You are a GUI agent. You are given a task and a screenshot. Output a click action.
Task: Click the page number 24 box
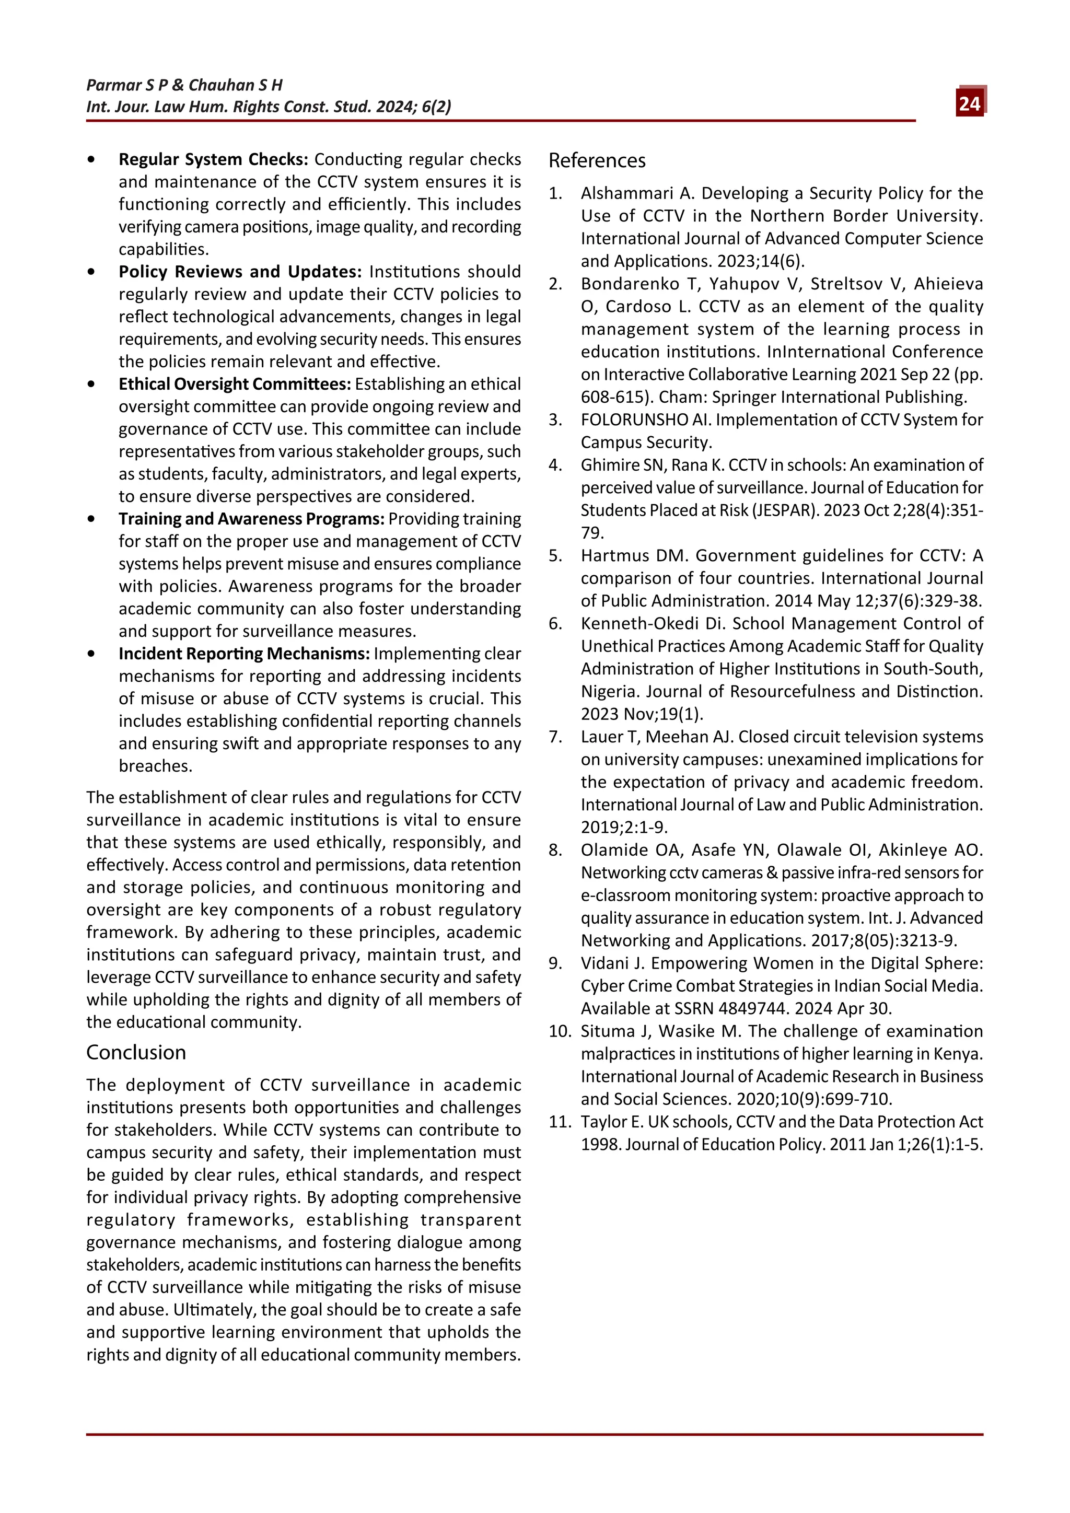click(969, 103)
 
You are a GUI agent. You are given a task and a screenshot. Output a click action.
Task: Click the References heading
click(597, 160)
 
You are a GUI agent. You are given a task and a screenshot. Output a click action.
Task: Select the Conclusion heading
click(136, 1052)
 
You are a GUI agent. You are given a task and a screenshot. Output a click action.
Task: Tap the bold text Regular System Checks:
click(213, 159)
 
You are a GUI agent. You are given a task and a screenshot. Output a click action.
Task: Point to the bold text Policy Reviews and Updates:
click(240, 272)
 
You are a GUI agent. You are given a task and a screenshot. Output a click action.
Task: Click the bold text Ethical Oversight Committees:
click(235, 383)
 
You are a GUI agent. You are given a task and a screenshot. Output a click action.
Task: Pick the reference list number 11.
click(560, 1122)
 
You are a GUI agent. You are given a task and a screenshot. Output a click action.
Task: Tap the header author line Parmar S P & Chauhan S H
click(184, 85)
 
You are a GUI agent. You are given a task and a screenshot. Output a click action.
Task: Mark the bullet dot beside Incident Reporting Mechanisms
click(91, 654)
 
